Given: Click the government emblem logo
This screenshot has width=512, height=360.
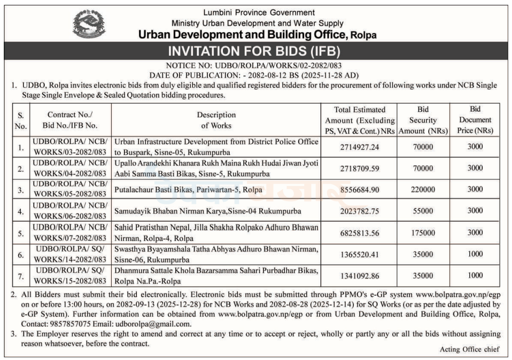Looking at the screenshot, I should [x=89, y=25].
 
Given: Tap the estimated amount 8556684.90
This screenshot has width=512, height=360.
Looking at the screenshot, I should [x=360, y=189].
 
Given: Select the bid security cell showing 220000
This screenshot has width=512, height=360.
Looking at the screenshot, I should [x=423, y=189].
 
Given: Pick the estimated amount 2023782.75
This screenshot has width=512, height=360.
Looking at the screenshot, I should [x=360, y=211].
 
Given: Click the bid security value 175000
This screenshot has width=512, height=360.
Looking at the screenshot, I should [x=423, y=233].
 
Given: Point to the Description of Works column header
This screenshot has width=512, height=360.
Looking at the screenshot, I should [x=216, y=120].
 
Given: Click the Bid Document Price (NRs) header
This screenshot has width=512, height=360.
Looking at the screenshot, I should [x=475, y=120].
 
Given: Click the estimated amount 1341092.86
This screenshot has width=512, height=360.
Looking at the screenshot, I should [x=360, y=276].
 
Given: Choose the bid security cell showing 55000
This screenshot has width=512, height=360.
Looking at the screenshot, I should [x=423, y=211].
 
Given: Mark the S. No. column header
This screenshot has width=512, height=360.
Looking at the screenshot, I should [x=21, y=120].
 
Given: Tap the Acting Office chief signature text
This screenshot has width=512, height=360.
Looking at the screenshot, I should [x=469, y=349].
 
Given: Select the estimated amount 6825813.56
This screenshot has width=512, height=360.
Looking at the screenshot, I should [x=360, y=233].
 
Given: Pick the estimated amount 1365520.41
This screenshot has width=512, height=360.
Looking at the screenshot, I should [x=360, y=255].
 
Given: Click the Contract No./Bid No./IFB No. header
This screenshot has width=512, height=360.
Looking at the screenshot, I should [x=70, y=120].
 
